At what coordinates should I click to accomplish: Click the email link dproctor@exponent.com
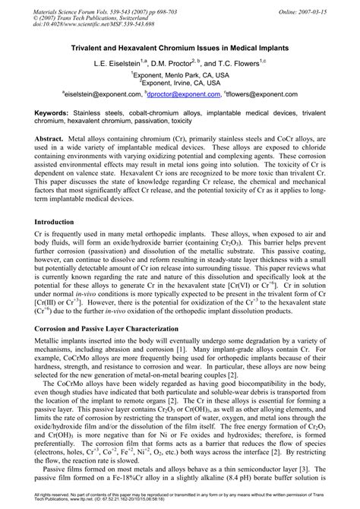coord(182,94)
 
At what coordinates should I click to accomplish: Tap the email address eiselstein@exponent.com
coord(99,94)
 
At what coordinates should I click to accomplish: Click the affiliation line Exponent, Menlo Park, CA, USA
coord(180,74)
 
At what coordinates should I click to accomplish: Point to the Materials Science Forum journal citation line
coord(102,6)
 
